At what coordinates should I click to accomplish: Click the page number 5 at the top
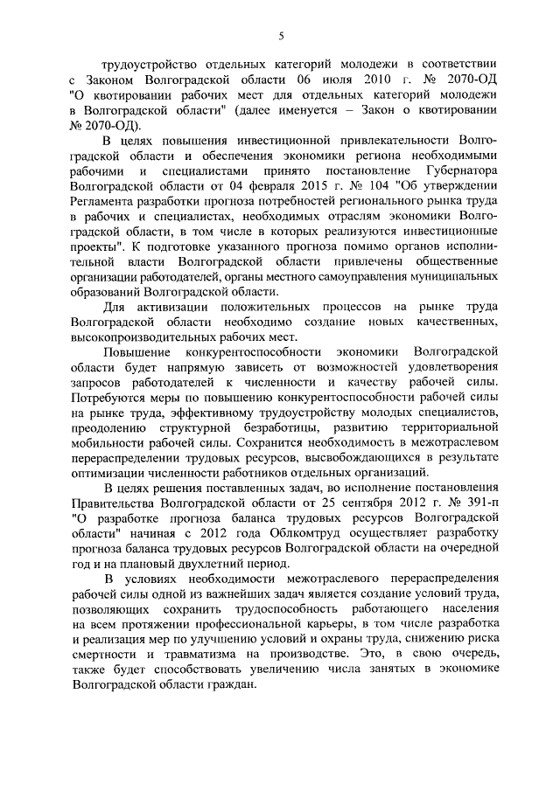281,35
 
